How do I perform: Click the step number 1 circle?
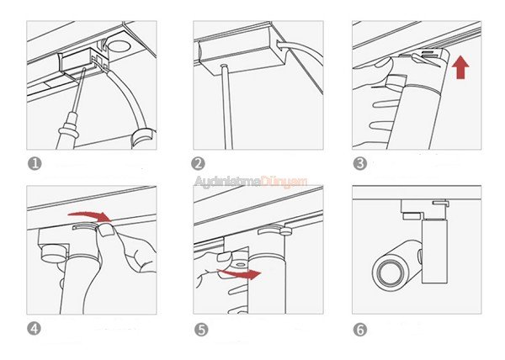[x=35, y=163]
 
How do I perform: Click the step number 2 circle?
[x=198, y=163]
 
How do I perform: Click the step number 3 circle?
[x=359, y=163]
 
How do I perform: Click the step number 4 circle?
[x=34, y=329]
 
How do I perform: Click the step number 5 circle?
[x=201, y=330]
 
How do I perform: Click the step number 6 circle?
[x=359, y=330]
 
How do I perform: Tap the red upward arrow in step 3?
[x=460, y=67]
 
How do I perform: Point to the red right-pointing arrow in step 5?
[x=240, y=273]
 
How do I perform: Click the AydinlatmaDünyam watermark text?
[x=251, y=182]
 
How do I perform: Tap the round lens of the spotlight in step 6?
[x=388, y=273]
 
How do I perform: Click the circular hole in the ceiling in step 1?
[x=120, y=45]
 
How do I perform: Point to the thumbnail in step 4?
[x=106, y=230]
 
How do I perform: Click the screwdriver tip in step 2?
[x=225, y=67]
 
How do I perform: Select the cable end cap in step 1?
[x=143, y=138]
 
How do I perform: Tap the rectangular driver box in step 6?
[x=434, y=251]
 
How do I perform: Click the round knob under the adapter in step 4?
[x=54, y=253]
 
